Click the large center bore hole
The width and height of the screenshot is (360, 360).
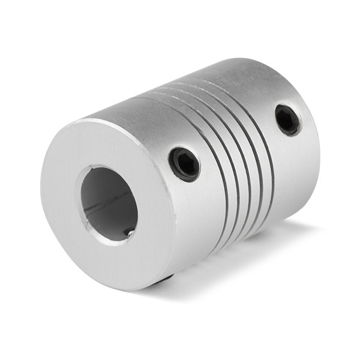pos(108,204)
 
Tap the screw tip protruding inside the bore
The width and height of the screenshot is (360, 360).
pos(128,232)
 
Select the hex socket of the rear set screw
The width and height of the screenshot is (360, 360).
pos(287,120)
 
